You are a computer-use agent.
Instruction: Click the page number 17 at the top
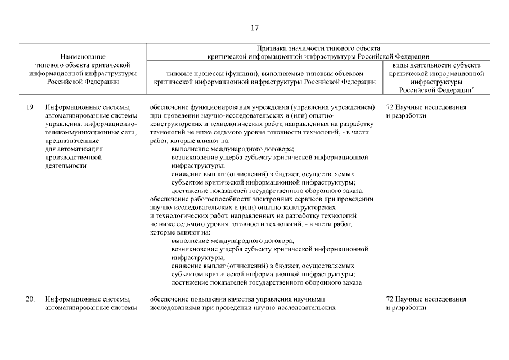click(254, 28)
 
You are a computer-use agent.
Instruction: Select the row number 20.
click(31, 299)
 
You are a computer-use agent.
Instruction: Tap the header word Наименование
click(82, 57)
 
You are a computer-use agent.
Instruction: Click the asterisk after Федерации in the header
click(472, 88)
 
